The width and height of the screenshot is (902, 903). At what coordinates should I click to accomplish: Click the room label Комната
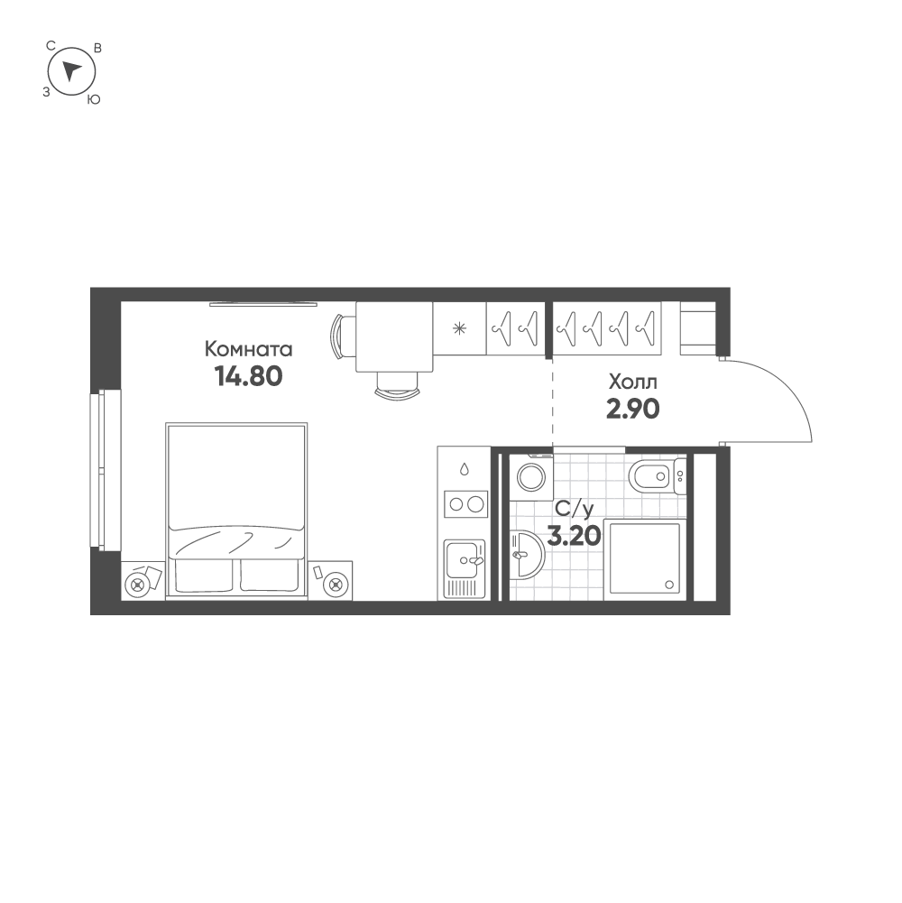click(249, 349)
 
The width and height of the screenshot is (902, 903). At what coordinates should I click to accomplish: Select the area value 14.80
click(249, 375)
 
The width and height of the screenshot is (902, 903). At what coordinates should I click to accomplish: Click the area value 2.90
click(632, 410)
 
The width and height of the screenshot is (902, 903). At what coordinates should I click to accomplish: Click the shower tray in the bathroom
click(644, 557)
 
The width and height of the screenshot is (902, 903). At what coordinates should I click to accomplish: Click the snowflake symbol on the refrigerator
click(459, 327)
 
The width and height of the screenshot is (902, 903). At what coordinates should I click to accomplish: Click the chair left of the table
click(339, 336)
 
